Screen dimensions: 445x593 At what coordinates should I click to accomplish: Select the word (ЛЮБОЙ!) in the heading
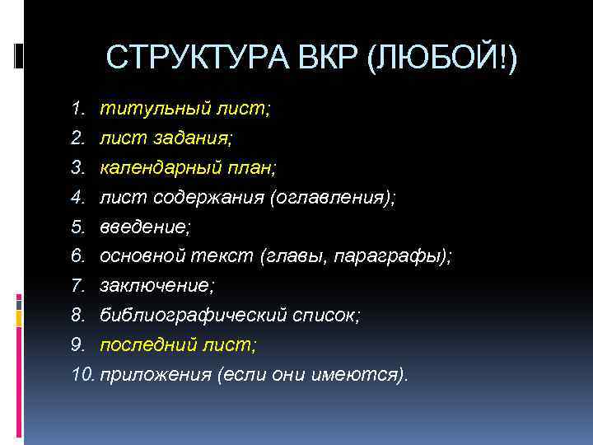point(444,59)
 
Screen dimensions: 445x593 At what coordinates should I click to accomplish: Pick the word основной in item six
point(141,257)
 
